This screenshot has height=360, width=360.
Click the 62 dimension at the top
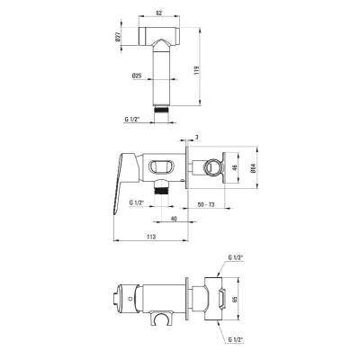pos(159,13)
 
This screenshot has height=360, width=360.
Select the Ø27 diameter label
pos(118,37)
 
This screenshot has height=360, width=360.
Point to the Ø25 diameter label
pos(137,76)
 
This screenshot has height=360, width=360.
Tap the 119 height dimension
pos(197,70)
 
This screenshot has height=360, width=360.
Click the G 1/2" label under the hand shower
pos(132,119)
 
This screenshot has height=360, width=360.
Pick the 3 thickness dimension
pos(196,137)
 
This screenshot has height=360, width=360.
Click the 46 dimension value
pos(235,167)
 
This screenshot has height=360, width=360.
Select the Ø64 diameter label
pos(253,168)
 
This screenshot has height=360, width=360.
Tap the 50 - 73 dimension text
pos(206,204)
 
